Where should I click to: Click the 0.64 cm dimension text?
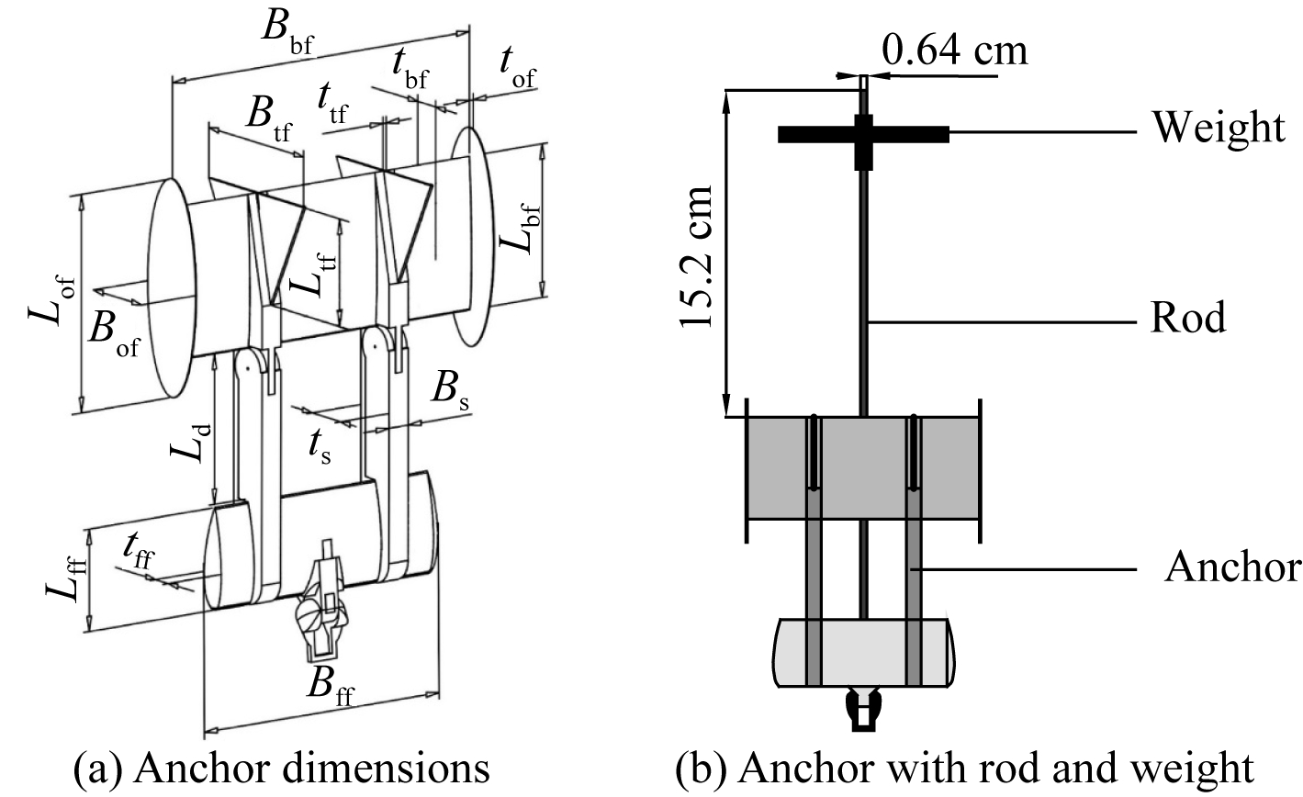click(954, 51)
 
